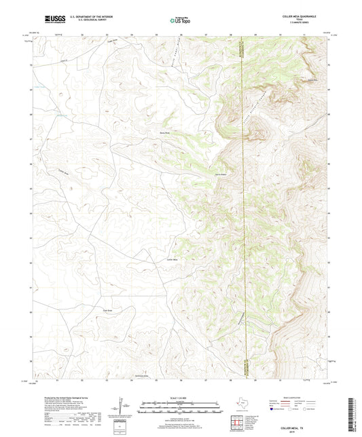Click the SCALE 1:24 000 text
[x=180, y=398]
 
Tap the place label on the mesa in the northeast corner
[x=312, y=81]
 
